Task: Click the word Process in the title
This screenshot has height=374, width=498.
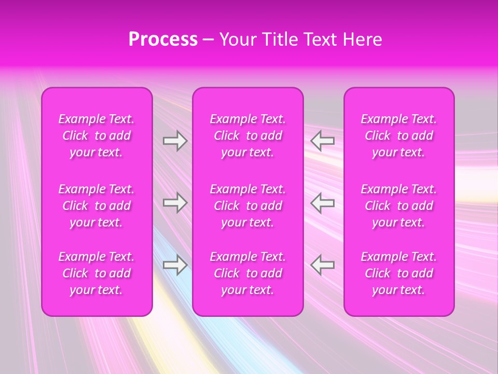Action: (x=163, y=39)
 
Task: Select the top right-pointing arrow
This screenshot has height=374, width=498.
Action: (x=175, y=141)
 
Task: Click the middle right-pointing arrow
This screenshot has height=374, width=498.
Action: (x=175, y=203)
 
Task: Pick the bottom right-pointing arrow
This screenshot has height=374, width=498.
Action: (x=175, y=265)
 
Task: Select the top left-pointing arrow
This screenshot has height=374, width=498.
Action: (x=323, y=141)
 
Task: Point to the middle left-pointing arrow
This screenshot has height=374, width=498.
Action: (x=323, y=203)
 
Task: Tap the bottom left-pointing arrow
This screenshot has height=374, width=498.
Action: (x=323, y=265)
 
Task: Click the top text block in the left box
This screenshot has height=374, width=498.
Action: (x=96, y=136)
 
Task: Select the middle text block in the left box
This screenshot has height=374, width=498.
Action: (x=96, y=206)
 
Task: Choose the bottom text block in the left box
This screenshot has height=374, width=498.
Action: (x=96, y=273)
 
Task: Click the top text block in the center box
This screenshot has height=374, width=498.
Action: (x=248, y=136)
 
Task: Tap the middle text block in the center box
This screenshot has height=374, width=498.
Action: (x=248, y=206)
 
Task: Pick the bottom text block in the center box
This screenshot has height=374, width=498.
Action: (x=248, y=273)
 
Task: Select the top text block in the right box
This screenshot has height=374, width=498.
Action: (x=399, y=136)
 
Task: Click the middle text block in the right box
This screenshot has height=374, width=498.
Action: (x=399, y=206)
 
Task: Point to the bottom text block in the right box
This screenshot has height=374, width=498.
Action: (x=399, y=273)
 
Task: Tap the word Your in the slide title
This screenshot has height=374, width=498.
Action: (x=238, y=39)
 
